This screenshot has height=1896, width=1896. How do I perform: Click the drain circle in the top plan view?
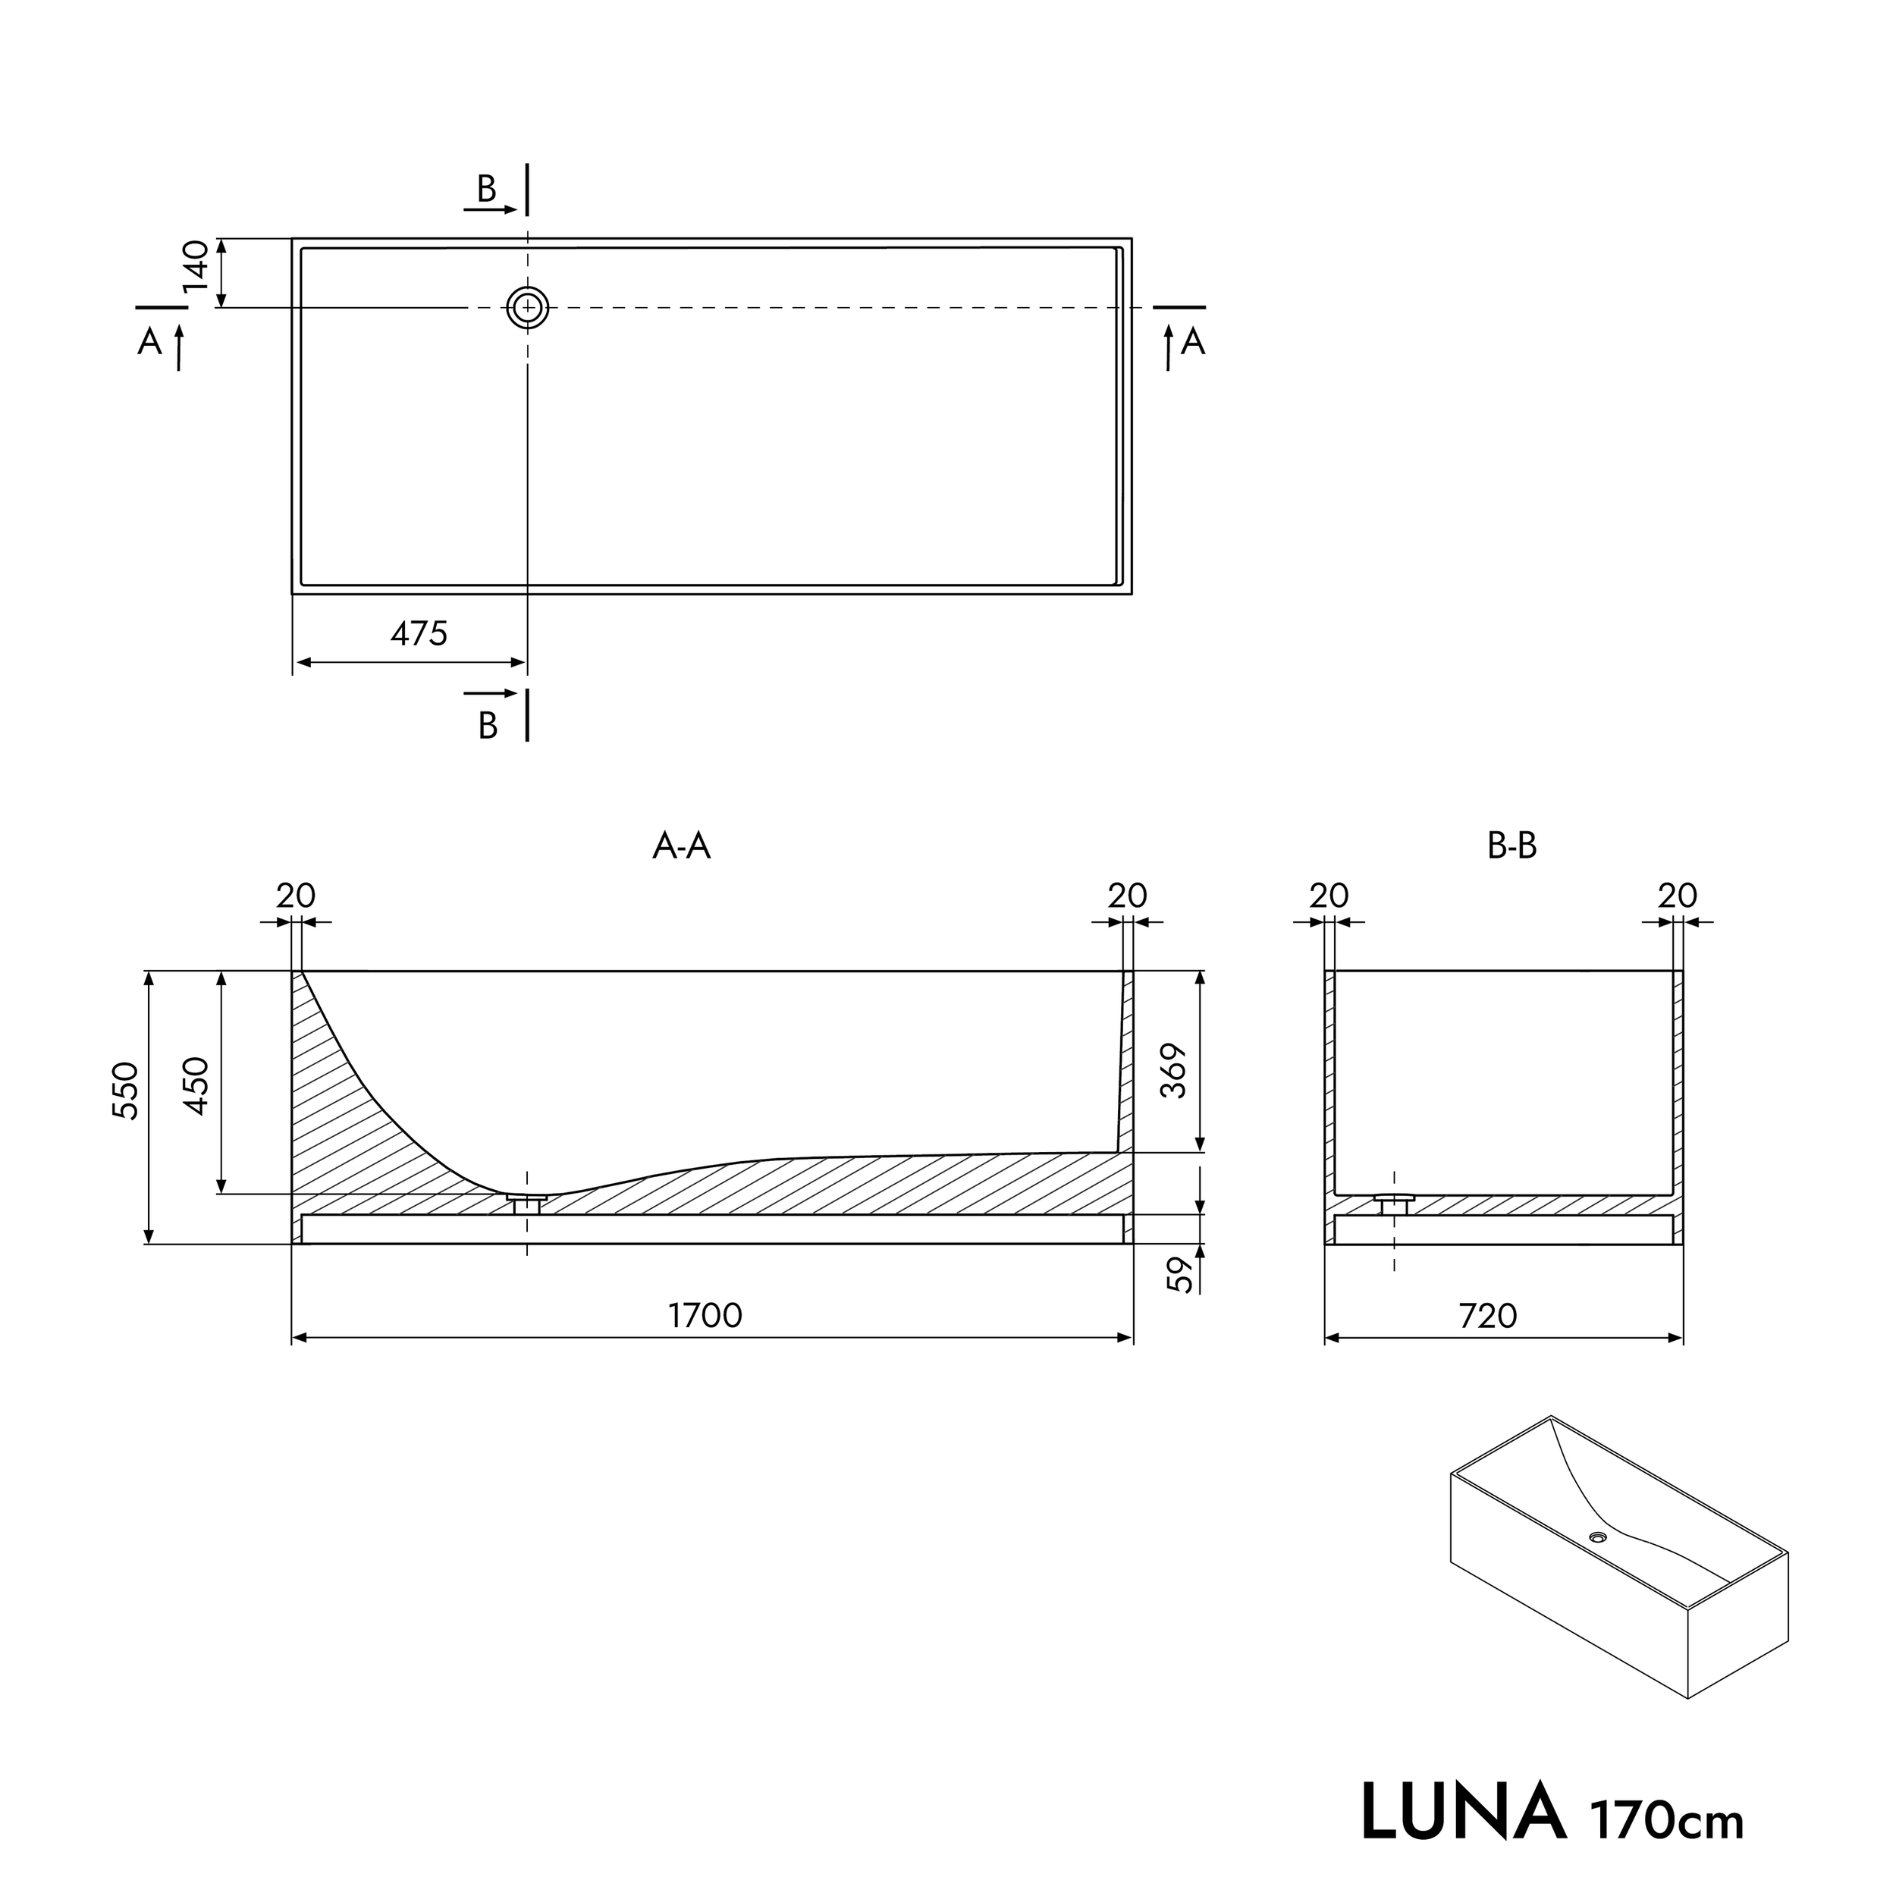[528, 307]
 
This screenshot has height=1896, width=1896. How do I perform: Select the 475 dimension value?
[419, 634]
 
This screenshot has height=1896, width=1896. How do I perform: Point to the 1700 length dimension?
[705, 1315]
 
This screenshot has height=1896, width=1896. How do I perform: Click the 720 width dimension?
[1488, 1315]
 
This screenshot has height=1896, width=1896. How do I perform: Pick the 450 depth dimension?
[197, 1085]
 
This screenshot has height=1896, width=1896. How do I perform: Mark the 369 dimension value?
[1175, 1071]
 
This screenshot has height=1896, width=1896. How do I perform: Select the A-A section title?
[681, 846]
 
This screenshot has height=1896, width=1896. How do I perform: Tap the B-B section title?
[1511, 846]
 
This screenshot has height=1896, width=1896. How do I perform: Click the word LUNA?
[1462, 1812]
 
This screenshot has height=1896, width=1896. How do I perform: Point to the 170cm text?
[1667, 1820]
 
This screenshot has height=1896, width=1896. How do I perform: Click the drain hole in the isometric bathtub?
[1599, 1565]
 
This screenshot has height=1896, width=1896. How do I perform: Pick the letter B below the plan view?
[488, 725]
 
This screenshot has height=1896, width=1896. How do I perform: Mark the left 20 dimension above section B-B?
[1329, 895]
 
